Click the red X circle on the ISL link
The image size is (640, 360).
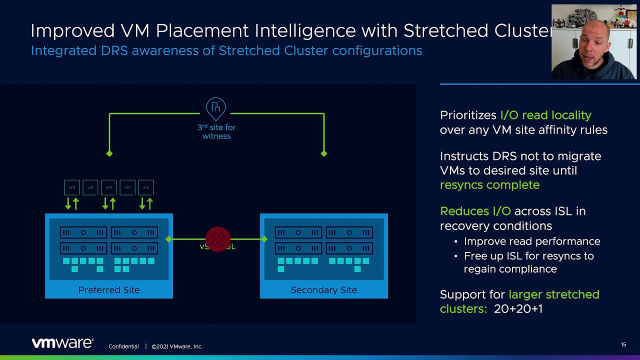tap(217, 239)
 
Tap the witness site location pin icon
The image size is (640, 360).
tap(216, 108)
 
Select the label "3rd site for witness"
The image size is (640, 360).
tap(216, 131)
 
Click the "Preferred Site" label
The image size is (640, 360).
tap(109, 290)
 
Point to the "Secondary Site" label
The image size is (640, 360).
tap(324, 290)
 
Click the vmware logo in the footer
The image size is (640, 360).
tap(62, 343)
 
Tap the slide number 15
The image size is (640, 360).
tap(623, 344)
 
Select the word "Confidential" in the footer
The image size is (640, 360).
tap(123, 346)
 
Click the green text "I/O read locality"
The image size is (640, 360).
tap(545, 115)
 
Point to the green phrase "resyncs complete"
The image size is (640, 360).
tap(489, 185)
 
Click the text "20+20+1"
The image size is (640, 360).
tap(518, 309)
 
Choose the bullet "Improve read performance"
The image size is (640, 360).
tap(532, 241)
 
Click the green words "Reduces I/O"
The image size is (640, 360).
tap(475, 211)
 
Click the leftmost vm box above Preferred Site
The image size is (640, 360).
tap(72, 187)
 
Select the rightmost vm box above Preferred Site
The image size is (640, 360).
tap(146, 187)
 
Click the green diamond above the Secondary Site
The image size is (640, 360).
tap(324, 153)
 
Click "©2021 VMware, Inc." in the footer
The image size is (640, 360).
tap(177, 346)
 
